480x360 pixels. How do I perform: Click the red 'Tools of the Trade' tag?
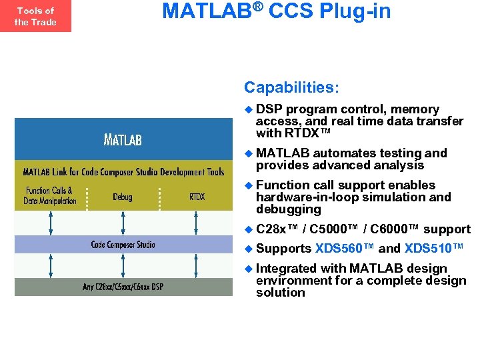point(35,16)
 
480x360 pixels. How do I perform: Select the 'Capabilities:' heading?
point(291,87)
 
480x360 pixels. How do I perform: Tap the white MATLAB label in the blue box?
point(122,140)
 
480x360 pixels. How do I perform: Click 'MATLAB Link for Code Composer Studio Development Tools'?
point(123,172)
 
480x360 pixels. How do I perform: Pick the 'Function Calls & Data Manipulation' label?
point(49,196)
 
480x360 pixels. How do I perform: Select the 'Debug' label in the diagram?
point(122,197)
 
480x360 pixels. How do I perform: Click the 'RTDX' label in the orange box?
point(197,197)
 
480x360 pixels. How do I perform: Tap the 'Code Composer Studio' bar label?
point(123,245)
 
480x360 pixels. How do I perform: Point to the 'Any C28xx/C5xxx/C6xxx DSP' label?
point(123,287)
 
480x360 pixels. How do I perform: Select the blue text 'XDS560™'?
point(345,249)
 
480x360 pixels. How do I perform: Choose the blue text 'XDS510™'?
point(434,249)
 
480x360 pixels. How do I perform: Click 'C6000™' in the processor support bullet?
point(394,229)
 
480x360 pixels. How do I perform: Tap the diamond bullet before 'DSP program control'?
point(249,109)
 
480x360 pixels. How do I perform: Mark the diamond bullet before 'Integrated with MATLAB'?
point(249,269)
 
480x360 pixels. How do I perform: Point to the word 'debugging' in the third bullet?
point(289,209)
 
